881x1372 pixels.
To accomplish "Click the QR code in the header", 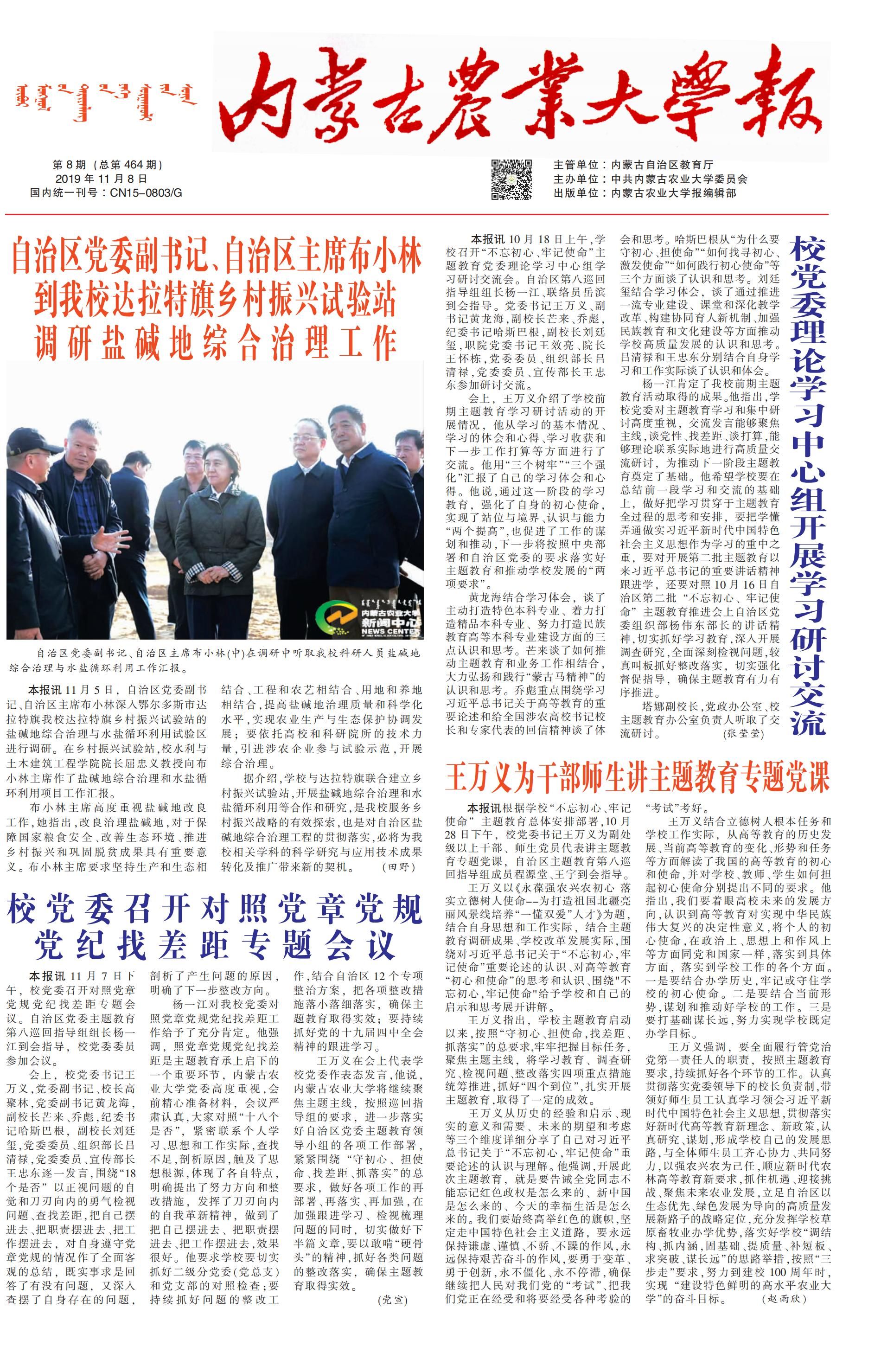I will pos(511,179).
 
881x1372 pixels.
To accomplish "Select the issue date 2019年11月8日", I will pos(101,179).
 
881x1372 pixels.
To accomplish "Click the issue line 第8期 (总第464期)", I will pos(108,165).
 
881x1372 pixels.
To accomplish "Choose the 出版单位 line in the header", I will pos(644,193).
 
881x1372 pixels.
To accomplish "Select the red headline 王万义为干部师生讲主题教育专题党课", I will pos(637,777).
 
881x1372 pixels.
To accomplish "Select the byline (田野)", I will pos(398,867).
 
